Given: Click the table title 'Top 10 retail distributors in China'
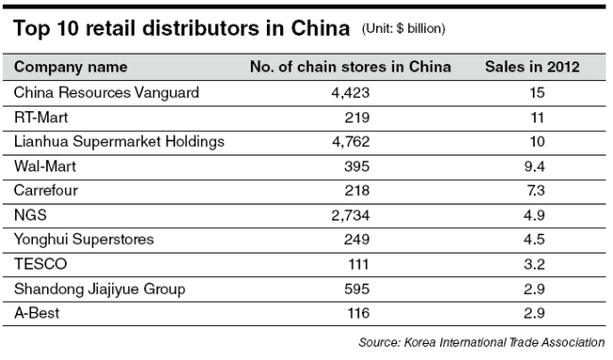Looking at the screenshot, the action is (x=181, y=28).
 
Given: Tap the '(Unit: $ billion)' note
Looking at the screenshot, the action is (x=404, y=28).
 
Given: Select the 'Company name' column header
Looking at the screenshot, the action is (x=71, y=67).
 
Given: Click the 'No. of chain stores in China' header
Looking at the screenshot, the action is (x=350, y=67).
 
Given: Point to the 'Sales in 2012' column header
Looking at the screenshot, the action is (x=532, y=67).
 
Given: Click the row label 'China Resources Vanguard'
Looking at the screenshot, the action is (x=107, y=93).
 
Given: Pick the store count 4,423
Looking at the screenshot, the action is (x=350, y=93).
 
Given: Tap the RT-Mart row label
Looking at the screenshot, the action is (x=41, y=118).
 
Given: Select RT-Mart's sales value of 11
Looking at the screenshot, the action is (x=538, y=118).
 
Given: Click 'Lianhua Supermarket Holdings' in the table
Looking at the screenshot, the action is (x=119, y=142).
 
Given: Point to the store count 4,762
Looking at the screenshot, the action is (x=351, y=141).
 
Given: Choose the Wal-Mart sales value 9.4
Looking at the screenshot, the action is (x=535, y=167).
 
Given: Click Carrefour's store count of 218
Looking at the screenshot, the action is (x=356, y=190).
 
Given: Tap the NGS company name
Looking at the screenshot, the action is (x=30, y=215).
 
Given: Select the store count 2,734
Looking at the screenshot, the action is (x=350, y=216).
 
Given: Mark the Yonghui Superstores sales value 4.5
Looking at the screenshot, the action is (x=534, y=239).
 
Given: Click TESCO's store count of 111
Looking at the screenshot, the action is (x=358, y=264).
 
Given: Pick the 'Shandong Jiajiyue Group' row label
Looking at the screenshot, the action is (x=100, y=289).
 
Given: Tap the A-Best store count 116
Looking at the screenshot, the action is (x=358, y=313).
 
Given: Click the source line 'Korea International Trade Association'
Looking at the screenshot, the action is (x=505, y=342).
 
